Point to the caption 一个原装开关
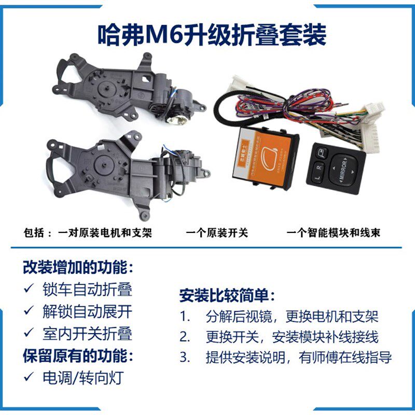(x=217, y=233)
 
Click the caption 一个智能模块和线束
(x=333, y=233)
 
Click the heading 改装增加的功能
(x=78, y=268)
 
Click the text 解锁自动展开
(x=87, y=311)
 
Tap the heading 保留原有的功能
(x=78, y=356)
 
